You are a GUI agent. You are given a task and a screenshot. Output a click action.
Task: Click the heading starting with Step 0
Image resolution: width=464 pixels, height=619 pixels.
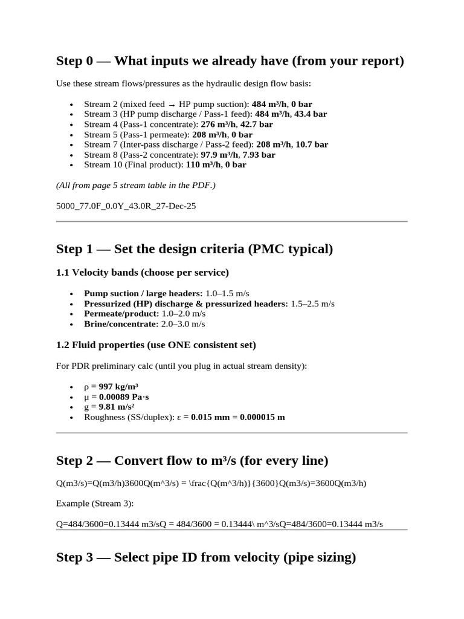click(x=230, y=61)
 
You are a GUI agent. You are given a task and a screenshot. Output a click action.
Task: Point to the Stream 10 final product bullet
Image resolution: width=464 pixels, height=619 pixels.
click(x=165, y=164)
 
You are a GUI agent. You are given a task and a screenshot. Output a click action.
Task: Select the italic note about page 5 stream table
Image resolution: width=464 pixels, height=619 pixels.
click(x=135, y=185)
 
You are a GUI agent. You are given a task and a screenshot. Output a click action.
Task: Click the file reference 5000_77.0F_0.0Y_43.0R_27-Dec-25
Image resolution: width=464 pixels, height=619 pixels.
click(x=126, y=206)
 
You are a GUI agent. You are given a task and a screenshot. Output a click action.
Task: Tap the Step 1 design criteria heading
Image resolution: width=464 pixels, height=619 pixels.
click(x=194, y=249)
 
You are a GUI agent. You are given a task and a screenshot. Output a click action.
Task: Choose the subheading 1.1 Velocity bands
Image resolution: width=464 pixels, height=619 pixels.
click(x=143, y=273)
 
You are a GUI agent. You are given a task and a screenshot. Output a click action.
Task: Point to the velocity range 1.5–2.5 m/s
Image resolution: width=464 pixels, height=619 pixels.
click(x=312, y=303)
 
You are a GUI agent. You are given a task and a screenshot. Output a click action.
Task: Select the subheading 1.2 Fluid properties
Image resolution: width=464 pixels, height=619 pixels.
click(x=156, y=345)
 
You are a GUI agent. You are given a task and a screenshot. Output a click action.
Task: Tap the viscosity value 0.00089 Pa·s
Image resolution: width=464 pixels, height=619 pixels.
click(x=129, y=397)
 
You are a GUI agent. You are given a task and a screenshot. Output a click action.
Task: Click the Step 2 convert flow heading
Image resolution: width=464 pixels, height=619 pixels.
click(x=192, y=461)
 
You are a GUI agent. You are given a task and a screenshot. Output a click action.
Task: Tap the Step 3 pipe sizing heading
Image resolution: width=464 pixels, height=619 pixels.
click(x=205, y=557)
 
